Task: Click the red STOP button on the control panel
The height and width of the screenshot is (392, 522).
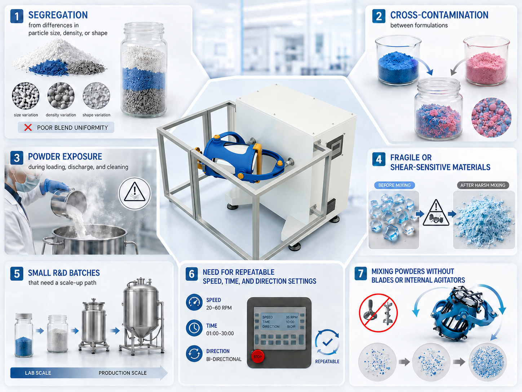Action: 257,357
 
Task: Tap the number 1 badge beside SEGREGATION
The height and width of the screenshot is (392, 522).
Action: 17,16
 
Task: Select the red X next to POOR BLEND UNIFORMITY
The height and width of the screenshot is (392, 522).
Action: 28,127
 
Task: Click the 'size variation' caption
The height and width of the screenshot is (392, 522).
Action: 26,115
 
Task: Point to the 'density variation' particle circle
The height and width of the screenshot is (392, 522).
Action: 61,96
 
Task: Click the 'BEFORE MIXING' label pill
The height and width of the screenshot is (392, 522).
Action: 394,185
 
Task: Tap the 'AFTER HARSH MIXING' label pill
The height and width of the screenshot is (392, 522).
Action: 483,185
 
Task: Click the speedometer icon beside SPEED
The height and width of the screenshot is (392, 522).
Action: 194,302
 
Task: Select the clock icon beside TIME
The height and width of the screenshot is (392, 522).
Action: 194,328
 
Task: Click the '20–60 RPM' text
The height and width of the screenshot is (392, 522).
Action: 219,308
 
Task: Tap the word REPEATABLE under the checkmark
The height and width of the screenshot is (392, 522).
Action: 327,362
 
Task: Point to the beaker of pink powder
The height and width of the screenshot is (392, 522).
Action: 486,61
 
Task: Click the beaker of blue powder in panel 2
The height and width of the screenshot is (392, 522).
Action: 398,61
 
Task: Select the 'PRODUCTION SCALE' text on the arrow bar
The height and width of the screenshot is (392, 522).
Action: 123,373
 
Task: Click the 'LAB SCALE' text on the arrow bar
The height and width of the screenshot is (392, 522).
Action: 38,373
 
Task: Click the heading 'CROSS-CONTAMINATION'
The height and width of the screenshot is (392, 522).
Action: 439,15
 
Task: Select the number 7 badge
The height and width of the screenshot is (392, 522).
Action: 360,274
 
